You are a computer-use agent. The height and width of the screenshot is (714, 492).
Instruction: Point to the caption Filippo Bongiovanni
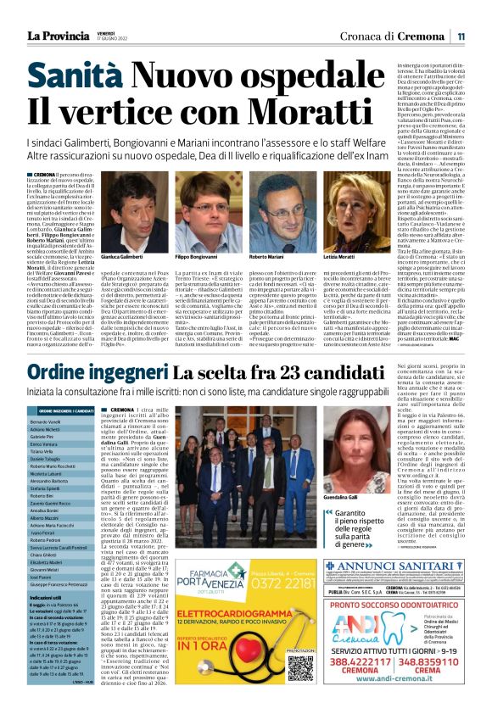[198, 255]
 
